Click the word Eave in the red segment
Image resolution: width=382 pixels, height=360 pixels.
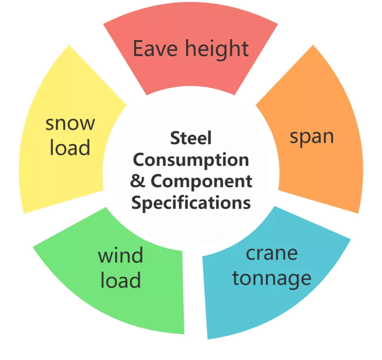[155, 49]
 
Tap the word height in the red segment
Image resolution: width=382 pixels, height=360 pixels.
[217, 50]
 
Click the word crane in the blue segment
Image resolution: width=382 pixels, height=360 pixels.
[272, 254]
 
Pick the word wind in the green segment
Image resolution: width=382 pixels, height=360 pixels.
[120, 255]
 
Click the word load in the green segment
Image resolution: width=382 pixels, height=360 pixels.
[121, 279]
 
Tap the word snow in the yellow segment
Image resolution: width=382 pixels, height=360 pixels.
[70, 124]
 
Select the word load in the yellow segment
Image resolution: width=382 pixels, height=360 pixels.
[70, 147]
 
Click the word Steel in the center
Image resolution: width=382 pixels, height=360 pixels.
[191, 138]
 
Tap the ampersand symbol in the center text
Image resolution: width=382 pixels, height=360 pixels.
[138, 181]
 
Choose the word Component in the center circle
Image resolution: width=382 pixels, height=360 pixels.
[201, 182]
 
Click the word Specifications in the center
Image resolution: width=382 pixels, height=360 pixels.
[191, 203]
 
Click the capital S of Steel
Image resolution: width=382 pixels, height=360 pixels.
[175, 138]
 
